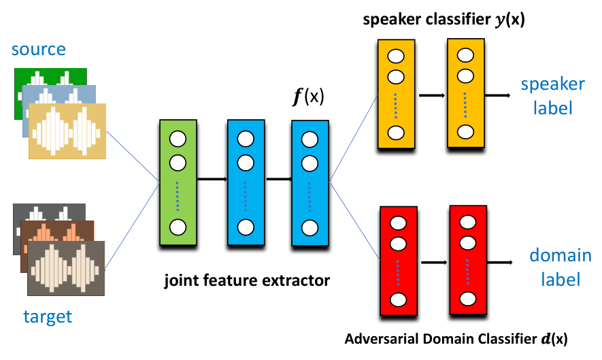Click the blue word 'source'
tap(38, 49)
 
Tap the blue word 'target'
tap(48, 316)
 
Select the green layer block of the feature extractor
tap(178, 182)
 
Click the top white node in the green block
tap(178, 139)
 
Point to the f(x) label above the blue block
tap(308, 96)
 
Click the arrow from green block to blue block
tap(212, 179)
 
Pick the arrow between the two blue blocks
tap(278, 179)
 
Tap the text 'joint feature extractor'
tap(247, 280)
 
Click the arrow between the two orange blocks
tap(431, 95)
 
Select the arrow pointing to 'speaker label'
tap(497, 95)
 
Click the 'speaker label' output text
tap(553, 96)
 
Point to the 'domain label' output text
tap(561, 267)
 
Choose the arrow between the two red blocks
tap(434, 263)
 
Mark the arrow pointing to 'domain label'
tap(500, 263)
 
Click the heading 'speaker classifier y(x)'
tap(444, 19)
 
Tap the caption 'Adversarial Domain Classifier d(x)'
tap(456, 339)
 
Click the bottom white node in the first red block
tap(398, 299)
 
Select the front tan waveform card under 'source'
tap(67, 131)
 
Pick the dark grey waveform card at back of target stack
tap(49, 229)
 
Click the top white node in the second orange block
tap(465, 55)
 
